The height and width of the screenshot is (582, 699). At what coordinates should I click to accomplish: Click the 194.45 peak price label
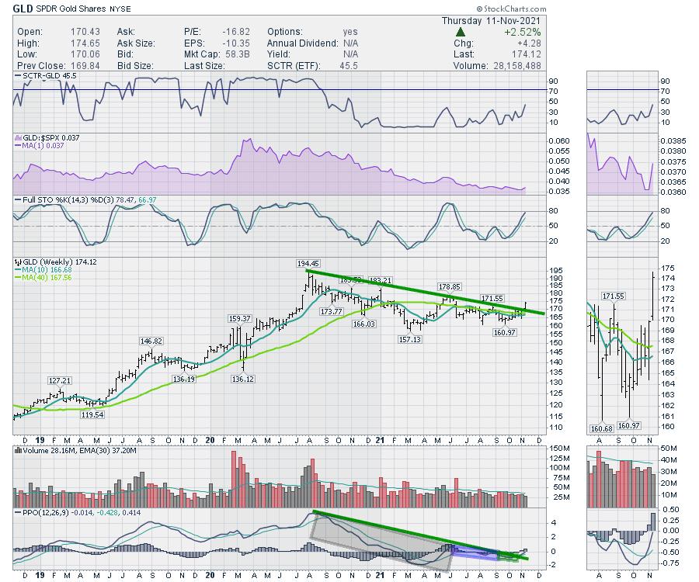coord(310,264)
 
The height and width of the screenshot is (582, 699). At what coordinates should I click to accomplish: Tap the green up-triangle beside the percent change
coord(461,32)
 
